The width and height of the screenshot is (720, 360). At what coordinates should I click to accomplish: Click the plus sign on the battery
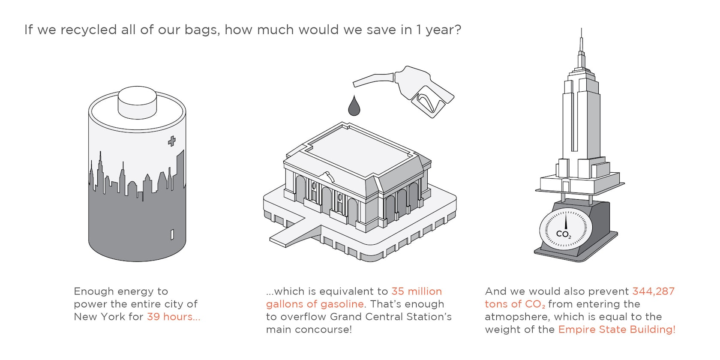click(x=172, y=141)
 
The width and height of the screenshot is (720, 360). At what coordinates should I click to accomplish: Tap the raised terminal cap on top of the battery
click(x=137, y=102)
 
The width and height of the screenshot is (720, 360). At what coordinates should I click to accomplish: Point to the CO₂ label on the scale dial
click(x=564, y=234)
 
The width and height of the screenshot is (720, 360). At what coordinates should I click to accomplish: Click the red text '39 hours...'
click(x=174, y=317)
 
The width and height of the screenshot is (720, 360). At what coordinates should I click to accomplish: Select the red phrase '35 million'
click(x=417, y=291)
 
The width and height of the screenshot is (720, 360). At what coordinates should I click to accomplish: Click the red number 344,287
click(x=654, y=291)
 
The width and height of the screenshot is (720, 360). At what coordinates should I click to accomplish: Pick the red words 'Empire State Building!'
click(x=617, y=330)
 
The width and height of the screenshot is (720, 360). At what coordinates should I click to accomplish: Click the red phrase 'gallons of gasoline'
click(x=315, y=304)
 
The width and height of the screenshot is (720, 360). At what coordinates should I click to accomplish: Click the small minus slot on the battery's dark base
click(x=172, y=234)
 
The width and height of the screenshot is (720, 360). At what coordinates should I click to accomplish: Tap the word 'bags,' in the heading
click(x=202, y=30)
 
